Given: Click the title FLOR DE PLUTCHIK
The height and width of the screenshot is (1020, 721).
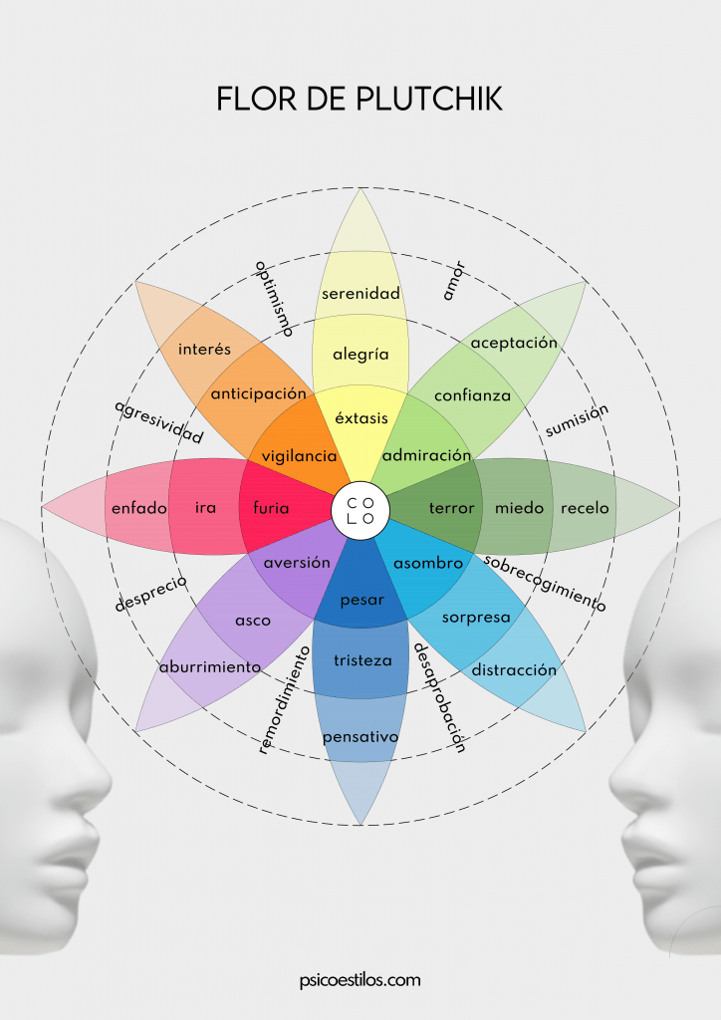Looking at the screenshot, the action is click(x=360, y=99).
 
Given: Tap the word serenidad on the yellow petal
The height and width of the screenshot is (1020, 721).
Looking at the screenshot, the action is click(x=360, y=294).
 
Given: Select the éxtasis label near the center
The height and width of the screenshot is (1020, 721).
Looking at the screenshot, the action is click(x=361, y=417).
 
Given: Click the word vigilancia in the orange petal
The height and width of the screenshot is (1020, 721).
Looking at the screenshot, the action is click(x=299, y=456).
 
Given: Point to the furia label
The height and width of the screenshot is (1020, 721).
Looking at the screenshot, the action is click(x=271, y=507).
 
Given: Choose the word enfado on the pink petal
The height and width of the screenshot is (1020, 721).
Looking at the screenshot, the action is click(x=139, y=508).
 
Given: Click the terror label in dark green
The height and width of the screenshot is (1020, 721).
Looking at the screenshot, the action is click(x=452, y=508).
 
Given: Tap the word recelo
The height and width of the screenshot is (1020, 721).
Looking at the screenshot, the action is click(x=585, y=508).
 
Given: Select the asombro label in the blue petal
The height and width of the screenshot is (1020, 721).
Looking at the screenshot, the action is click(x=428, y=564).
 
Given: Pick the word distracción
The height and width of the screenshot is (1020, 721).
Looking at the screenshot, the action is click(x=514, y=670).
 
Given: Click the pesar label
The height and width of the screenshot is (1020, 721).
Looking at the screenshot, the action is click(x=362, y=601).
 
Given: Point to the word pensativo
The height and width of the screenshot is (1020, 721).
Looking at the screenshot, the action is click(x=360, y=738).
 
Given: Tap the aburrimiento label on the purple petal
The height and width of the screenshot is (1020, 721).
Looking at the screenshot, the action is click(x=210, y=666).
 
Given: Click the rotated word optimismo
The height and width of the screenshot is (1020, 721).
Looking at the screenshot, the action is click(x=274, y=299).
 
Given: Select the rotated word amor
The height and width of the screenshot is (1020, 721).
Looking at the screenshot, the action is click(x=454, y=281).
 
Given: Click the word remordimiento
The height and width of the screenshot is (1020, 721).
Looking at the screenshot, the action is click(x=284, y=700).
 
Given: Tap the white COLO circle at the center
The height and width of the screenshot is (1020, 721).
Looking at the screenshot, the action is click(x=360, y=511).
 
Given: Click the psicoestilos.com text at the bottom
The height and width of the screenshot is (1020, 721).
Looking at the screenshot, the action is click(x=360, y=980).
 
